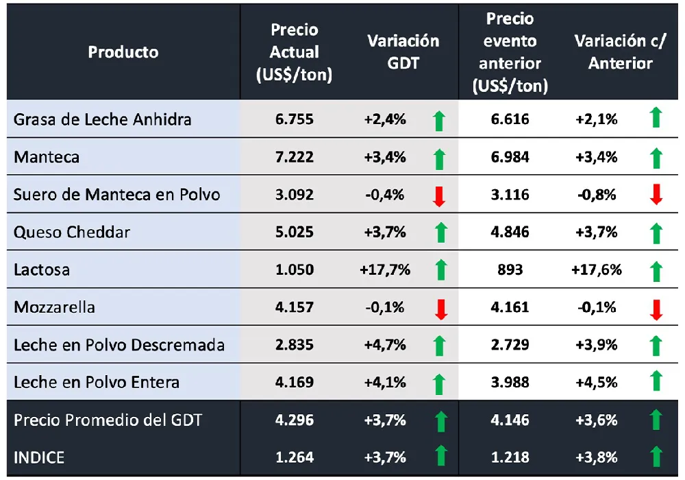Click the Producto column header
[123, 52]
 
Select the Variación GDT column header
[403, 52]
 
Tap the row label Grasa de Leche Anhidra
[103, 119]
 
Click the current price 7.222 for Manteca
[295, 157]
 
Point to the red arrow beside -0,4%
[440, 196]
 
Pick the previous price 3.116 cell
[510, 195]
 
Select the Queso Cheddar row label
[72, 232]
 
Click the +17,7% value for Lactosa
[385, 269]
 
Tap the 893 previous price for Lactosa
[510, 269]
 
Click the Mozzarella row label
[54, 307]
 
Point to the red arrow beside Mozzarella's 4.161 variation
[656, 309]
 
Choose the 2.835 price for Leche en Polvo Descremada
[295, 345]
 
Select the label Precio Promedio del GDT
[108, 420]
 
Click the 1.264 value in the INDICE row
[295, 457]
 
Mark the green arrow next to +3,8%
[656, 456]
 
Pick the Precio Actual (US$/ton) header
[295, 52]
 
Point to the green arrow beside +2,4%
[440, 121]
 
